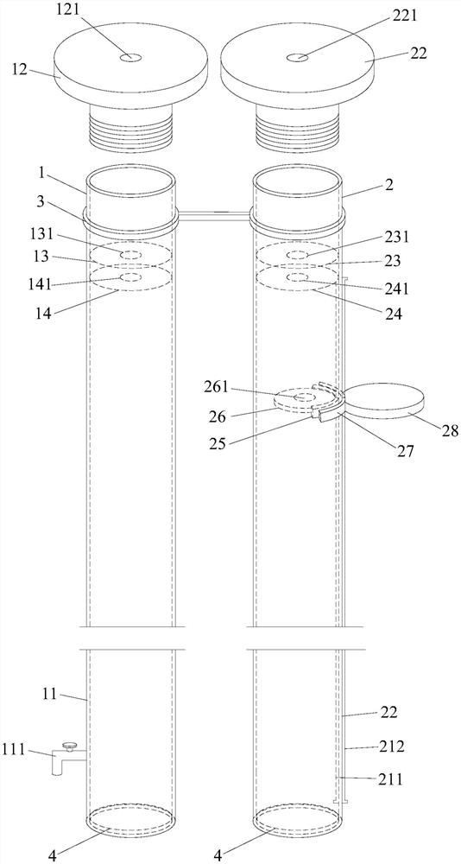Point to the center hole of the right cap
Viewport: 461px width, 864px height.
point(298,56)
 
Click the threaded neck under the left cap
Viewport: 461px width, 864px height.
point(130,128)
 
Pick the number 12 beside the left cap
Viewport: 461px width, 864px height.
point(16,71)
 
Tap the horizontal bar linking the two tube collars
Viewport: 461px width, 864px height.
point(215,215)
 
